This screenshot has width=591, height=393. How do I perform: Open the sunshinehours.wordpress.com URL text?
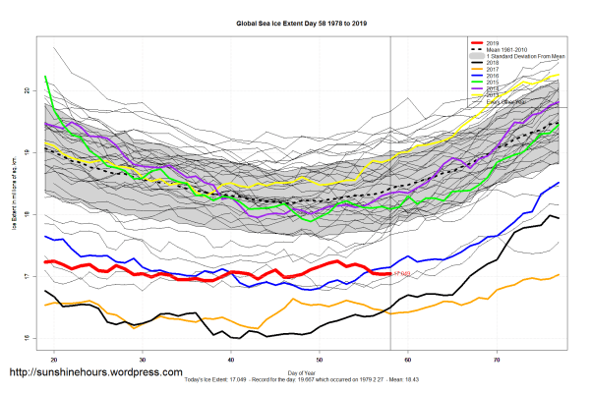95,373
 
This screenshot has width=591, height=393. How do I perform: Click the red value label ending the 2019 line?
402,272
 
